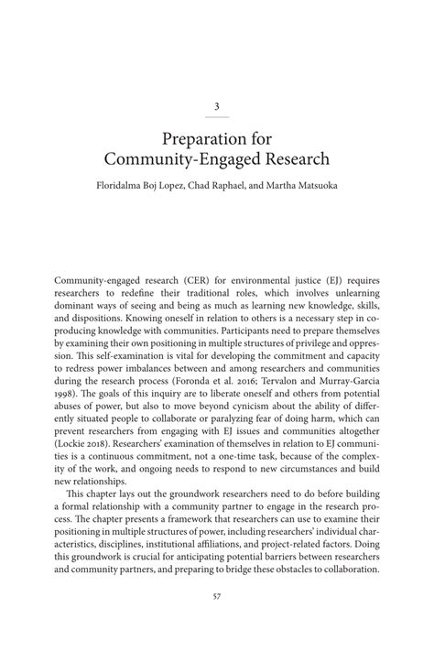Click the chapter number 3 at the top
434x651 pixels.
[217, 106]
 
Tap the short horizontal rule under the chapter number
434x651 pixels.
[217, 117]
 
